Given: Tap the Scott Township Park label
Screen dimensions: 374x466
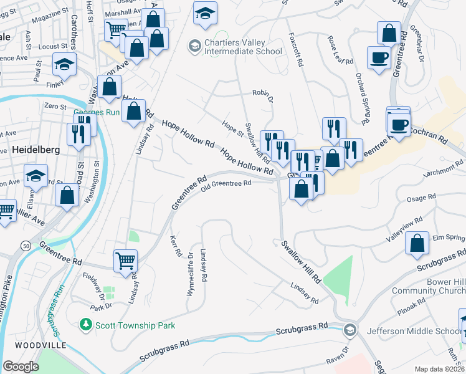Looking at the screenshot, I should coord(134,325).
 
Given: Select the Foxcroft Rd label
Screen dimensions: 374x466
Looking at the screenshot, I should coord(300,60).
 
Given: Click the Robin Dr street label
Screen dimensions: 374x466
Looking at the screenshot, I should coord(263,92).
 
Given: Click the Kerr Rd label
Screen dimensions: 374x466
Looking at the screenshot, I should coord(176,246).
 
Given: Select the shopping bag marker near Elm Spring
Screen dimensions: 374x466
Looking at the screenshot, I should coord(417,242).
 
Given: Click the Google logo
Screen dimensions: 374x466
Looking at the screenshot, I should coord(21,367).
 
